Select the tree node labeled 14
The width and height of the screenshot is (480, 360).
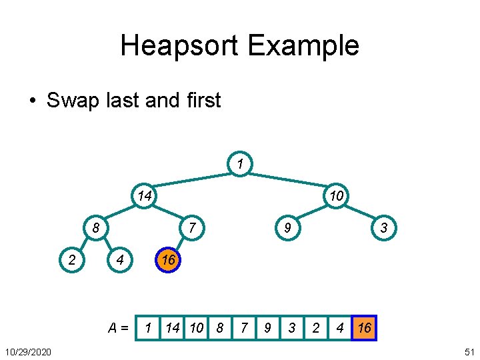(x=144, y=195)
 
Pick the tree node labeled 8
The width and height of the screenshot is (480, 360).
(x=96, y=228)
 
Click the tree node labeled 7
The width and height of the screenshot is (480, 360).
(x=191, y=228)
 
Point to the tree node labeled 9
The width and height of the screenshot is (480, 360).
(x=287, y=228)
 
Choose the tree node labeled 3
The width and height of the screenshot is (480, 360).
(x=383, y=228)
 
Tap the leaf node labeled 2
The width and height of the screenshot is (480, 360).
(x=72, y=260)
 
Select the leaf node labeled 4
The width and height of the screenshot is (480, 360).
(x=120, y=260)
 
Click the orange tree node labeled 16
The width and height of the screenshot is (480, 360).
(x=168, y=260)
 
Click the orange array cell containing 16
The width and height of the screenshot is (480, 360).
(x=364, y=328)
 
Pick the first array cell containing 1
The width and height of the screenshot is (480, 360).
(x=148, y=328)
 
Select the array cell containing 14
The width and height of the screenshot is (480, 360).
(x=173, y=328)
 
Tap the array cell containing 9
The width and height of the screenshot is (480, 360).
(x=267, y=328)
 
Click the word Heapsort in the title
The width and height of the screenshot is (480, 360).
(x=180, y=46)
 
